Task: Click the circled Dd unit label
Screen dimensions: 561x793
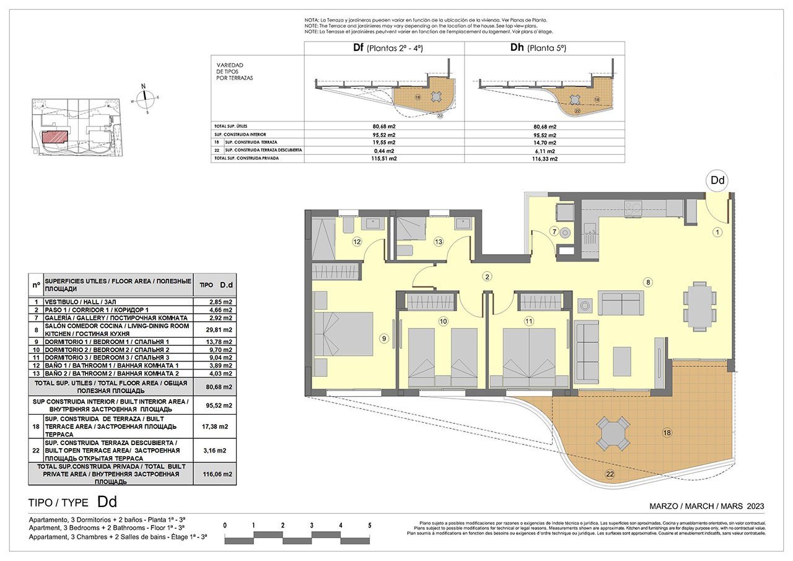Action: [717, 180]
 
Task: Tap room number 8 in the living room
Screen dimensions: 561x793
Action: [648, 283]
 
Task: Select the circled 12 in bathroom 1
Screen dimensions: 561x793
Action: [357, 242]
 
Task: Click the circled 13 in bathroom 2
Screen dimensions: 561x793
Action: [439, 242]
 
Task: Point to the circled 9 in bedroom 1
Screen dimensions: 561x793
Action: [384, 338]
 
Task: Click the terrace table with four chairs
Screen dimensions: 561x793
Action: [613, 433]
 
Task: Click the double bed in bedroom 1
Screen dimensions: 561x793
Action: [343, 334]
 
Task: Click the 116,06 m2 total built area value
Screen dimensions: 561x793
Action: [220, 474]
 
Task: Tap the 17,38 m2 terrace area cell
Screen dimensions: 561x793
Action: [220, 427]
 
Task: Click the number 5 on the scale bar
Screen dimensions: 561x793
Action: [370, 525]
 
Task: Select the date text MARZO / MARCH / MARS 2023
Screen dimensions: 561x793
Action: [706, 506]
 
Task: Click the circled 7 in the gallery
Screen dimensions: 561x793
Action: [555, 232]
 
